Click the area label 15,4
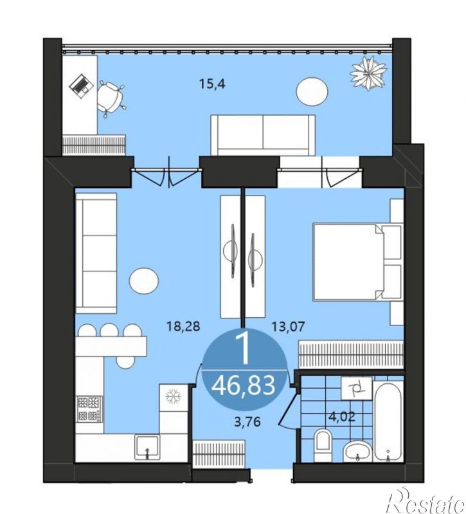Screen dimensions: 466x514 pyautogui.click(x=213, y=84)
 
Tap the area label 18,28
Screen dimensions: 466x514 pyautogui.click(x=183, y=327)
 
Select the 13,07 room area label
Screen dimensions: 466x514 pyautogui.click(x=288, y=327)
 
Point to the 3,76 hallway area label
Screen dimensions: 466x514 pyautogui.click(x=247, y=422)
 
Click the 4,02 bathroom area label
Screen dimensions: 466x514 pyautogui.click(x=342, y=418)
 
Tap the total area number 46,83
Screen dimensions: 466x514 pyautogui.click(x=243, y=386)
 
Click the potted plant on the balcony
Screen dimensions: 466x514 pyautogui.click(x=368, y=73)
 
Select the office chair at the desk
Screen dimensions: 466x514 pyautogui.click(x=111, y=98)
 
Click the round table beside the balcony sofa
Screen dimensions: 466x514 pyautogui.click(x=312, y=92)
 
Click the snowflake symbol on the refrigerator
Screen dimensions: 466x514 pyautogui.click(x=174, y=396)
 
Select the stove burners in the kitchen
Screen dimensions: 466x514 pyautogui.click(x=90, y=408)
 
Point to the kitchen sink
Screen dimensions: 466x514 pyautogui.click(x=147, y=447)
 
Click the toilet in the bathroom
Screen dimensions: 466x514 pyautogui.click(x=323, y=444)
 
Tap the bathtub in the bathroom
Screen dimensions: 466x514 pyautogui.click(x=388, y=422)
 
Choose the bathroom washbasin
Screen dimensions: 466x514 pyautogui.click(x=357, y=452)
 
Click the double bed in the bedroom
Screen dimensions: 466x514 pyautogui.click(x=357, y=262)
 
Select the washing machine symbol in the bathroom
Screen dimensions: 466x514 pyautogui.click(x=357, y=389)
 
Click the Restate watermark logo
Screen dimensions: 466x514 pyautogui.click(x=426, y=503)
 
